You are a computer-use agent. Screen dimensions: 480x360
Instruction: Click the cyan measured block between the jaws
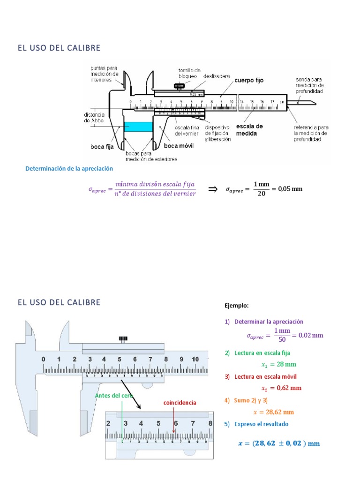coord(138,127)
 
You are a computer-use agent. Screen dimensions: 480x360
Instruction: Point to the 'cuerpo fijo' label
coord(249,81)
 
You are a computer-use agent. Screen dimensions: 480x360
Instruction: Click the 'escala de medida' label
coord(249,130)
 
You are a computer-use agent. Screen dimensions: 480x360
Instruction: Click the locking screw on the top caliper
coord(179,86)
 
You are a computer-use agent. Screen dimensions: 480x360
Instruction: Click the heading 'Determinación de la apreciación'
coord(69,168)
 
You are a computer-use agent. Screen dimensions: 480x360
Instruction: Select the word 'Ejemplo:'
coord(237,306)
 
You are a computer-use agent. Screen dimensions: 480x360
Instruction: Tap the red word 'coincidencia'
coord(180,403)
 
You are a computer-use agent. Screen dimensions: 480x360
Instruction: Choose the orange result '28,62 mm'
coord(280,412)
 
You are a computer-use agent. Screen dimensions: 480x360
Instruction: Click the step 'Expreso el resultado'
coord(262,424)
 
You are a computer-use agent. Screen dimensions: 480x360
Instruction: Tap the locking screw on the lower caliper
coord(124,339)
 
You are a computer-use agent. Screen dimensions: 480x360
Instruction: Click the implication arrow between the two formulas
coord(213,189)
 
